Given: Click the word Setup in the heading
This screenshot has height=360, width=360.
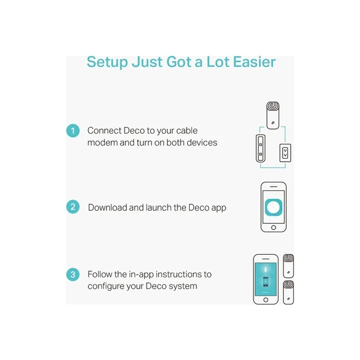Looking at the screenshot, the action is [x=108, y=62].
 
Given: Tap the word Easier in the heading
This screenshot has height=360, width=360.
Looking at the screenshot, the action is [x=254, y=62].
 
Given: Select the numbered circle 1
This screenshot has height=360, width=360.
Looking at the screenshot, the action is [x=73, y=131].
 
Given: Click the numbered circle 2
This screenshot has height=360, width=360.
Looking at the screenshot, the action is [x=73, y=207].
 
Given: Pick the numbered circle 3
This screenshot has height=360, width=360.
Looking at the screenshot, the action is [x=73, y=275].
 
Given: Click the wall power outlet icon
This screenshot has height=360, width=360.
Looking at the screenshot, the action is [x=285, y=153].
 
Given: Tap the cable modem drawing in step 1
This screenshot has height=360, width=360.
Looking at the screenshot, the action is [x=261, y=148].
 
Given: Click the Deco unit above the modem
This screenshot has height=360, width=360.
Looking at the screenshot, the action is [x=273, y=116].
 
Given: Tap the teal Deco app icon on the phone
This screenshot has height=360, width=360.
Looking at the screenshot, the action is [x=274, y=207].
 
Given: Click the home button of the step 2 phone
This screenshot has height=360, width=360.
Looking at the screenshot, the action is [x=274, y=227].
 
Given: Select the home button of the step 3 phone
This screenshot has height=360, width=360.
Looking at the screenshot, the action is [x=266, y=300].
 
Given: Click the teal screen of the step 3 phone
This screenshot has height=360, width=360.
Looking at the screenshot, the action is [x=266, y=279].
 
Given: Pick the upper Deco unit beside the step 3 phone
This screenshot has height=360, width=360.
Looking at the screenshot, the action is [x=288, y=266].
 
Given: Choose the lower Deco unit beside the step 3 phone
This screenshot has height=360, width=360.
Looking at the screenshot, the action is [x=288, y=292].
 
